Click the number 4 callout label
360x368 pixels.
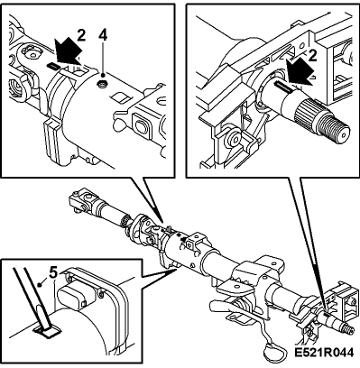(x=103, y=35)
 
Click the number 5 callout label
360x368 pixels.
(x=53, y=272)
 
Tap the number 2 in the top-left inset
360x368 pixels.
(x=81, y=35)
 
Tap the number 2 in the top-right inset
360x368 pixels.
(x=313, y=56)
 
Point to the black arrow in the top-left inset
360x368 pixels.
(x=68, y=51)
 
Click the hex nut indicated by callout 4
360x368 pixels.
(x=101, y=86)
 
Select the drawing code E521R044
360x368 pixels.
(x=324, y=353)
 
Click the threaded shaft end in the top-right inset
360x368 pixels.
(x=337, y=131)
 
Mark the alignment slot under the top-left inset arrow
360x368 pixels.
(x=54, y=66)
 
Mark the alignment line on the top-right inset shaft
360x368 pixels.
(x=282, y=87)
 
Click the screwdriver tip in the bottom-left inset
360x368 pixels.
(x=47, y=331)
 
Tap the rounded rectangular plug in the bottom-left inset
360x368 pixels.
(x=73, y=297)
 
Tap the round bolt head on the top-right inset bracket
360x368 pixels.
(x=234, y=137)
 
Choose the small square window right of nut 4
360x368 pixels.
(x=119, y=97)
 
